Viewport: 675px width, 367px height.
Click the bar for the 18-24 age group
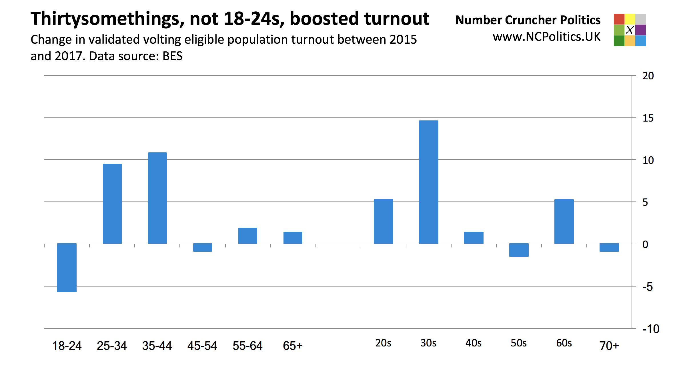click(67, 268)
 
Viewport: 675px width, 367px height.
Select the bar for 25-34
click(112, 204)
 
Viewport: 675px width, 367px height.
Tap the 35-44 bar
click(157, 198)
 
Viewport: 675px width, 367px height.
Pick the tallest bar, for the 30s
click(428, 182)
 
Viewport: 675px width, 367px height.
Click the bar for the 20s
click(383, 221)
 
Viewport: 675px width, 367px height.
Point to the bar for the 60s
click(564, 221)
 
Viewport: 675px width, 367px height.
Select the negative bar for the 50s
click(519, 250)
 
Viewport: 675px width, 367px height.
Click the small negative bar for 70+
click(609, 247)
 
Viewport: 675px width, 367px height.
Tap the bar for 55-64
click(247, 236)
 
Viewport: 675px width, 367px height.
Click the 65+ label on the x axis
click(293, 346)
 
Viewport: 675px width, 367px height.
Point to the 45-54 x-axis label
click(202, 346)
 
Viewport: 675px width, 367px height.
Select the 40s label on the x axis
click(473, 343)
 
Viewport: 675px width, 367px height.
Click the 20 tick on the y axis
click(648, 76)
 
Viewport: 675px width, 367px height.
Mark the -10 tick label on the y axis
click(650, 329)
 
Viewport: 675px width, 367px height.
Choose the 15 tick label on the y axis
click(648, 118)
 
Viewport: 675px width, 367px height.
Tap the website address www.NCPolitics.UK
click(546, 37)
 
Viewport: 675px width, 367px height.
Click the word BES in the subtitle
click(172, 56)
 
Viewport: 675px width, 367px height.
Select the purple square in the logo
click(641, 30)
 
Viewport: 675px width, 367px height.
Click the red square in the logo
click(619, 19)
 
